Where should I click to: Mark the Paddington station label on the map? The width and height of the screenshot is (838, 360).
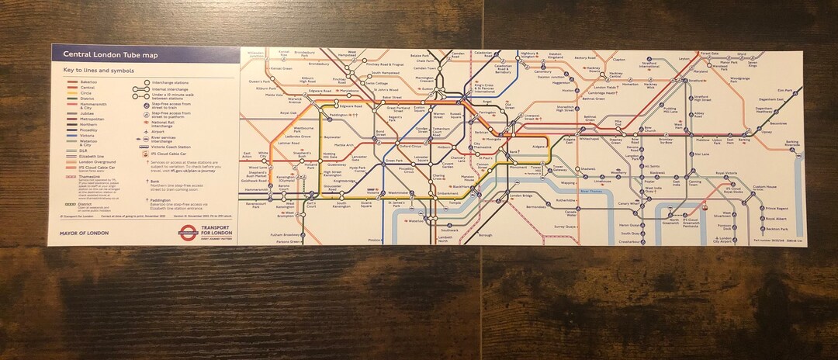point(316,115)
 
